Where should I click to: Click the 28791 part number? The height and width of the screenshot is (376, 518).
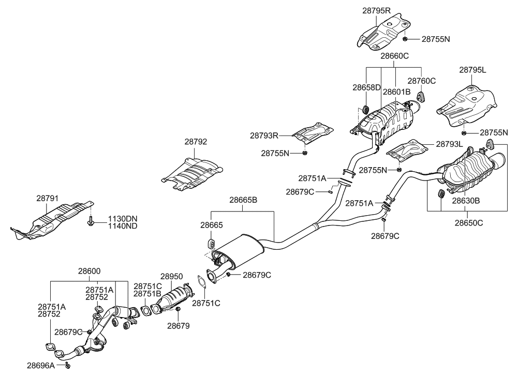(x=48, y=198)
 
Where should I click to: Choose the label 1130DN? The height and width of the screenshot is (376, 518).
(x=123, y=218)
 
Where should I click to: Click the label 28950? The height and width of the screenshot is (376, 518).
(x=172, y=277)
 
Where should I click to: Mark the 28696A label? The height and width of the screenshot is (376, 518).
(x=41, y=365)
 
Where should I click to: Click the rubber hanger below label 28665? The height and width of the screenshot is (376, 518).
(x=211, y=243)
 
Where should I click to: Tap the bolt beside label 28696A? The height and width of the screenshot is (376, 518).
(x=68, y=366)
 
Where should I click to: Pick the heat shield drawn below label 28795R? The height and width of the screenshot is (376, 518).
(x=383, y=32)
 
